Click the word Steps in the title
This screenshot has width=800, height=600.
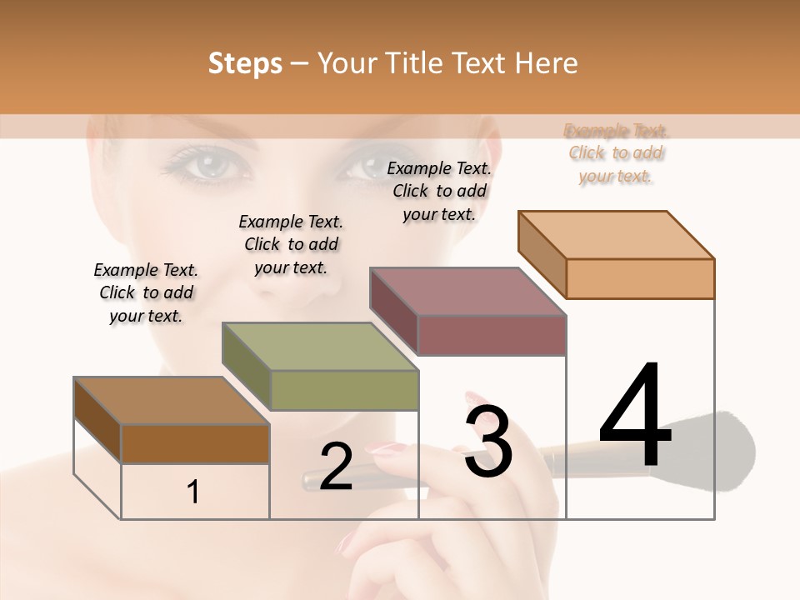[244, 63]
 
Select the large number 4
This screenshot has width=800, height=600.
[635, 417]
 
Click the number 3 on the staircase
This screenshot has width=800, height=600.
[487, 441]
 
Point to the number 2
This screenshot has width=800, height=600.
[336, 467]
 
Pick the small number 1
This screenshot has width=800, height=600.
[193, 492]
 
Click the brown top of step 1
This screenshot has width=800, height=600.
[171, 401]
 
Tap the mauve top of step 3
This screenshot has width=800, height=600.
[467, 292]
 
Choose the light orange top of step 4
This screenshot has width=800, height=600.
[615, 234]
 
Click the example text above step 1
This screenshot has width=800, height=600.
[146, 292]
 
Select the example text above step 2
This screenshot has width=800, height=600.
[291, 244]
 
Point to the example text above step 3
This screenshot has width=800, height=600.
[439, 191]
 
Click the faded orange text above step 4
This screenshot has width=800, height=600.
[616, 153]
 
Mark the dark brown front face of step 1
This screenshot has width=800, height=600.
[195, 443]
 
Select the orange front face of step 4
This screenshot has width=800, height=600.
[640, 278]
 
